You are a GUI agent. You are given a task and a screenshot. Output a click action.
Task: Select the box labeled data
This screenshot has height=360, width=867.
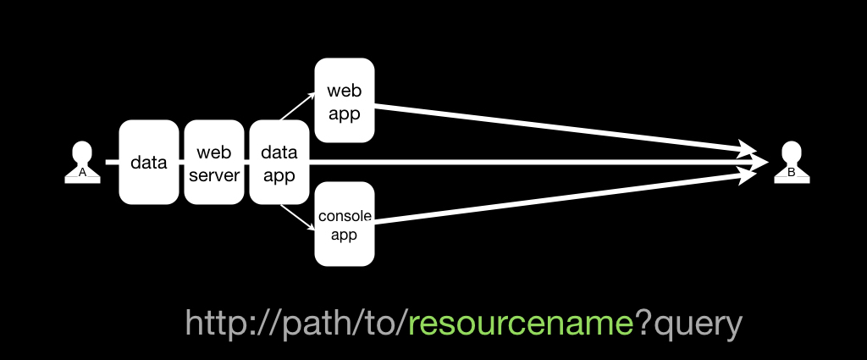149,162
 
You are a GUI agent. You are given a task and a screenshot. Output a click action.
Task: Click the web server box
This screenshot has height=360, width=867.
214,162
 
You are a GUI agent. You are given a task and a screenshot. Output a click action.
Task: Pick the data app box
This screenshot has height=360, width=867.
279,162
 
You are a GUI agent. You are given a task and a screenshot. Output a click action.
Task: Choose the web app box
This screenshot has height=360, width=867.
345,100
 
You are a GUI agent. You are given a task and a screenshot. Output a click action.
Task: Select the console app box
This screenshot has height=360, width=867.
345,224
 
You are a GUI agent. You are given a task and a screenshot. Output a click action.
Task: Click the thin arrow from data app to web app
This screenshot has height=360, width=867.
297,106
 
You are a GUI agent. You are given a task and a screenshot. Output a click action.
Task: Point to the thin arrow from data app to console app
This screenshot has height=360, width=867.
297,218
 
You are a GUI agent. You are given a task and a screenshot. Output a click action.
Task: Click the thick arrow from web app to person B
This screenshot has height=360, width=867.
565,128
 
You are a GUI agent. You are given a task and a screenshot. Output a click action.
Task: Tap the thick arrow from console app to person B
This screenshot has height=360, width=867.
565,197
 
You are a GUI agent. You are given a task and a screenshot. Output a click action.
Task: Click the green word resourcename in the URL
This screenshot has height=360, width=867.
521,324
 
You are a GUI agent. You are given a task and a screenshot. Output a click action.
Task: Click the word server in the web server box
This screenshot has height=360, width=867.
214,175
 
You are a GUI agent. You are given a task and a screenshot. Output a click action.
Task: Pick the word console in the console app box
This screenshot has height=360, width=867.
345,216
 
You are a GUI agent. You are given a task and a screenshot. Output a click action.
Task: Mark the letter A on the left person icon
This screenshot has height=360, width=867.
82,173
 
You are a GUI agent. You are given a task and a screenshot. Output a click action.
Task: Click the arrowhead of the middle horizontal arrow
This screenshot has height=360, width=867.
759,163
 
